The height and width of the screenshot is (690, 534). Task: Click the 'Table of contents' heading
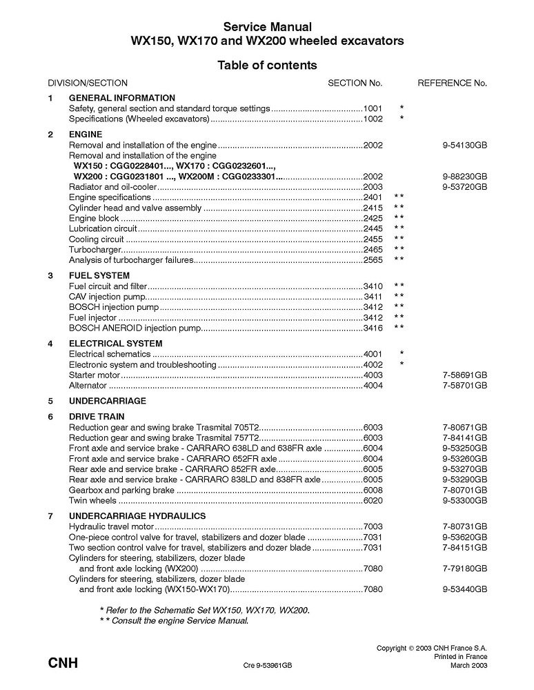(267, 66)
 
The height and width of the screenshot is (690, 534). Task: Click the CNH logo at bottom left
(63, 664)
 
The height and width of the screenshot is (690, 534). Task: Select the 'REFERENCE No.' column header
(452, 83)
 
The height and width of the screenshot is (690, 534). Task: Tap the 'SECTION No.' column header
(355, 83)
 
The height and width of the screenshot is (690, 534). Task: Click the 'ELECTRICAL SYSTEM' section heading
(115, 343)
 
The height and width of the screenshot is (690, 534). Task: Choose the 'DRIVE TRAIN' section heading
(97, 417)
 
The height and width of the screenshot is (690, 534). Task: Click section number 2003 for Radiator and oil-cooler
(373, 186)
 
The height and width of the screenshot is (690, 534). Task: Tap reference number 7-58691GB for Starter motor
(465, 375)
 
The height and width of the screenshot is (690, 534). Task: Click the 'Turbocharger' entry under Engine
(95, 249)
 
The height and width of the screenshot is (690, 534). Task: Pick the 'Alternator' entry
(88, 385)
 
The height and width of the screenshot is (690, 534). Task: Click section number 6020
(373, 500)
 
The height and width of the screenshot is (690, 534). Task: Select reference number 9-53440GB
(465, 590)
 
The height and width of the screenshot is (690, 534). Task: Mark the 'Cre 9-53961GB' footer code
(268, 665)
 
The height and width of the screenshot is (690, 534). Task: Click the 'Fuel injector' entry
(92, 317)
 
